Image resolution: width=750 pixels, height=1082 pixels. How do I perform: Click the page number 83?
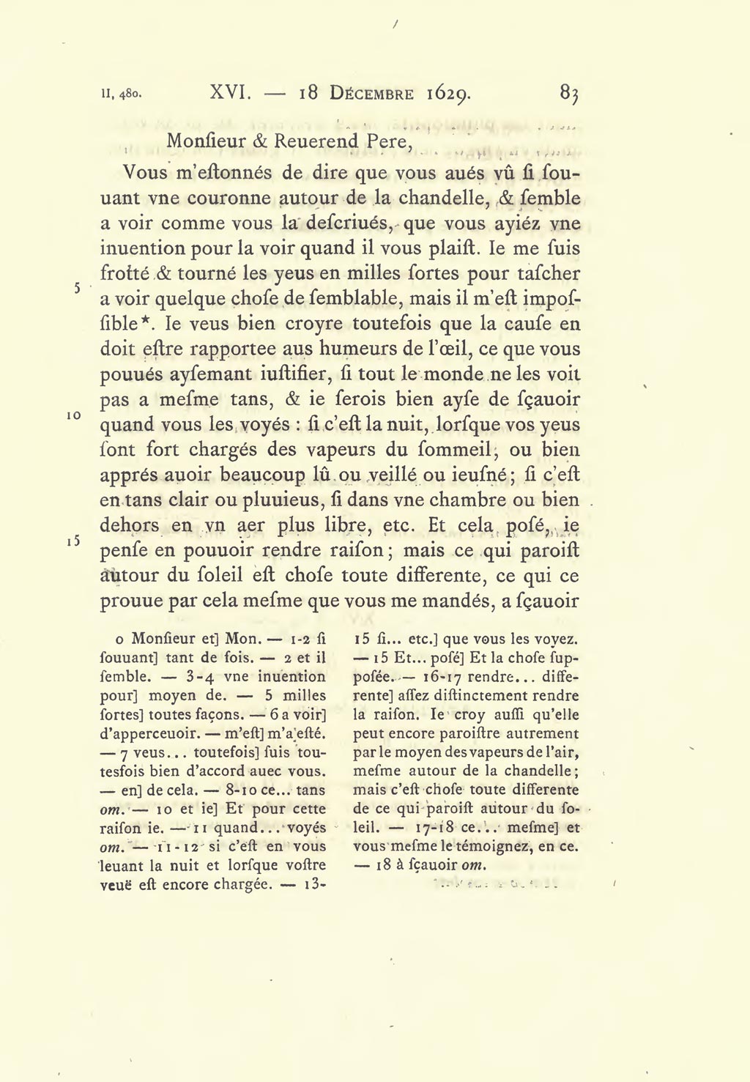570,93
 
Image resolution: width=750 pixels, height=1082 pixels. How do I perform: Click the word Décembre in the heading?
371,94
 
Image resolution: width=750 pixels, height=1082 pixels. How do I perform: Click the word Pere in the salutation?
386,141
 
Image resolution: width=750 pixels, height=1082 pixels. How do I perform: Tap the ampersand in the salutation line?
260,141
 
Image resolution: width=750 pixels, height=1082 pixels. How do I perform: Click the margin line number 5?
77,288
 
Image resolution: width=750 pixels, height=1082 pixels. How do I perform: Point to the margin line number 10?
74,415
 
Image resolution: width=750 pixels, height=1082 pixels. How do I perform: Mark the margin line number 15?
74,541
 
